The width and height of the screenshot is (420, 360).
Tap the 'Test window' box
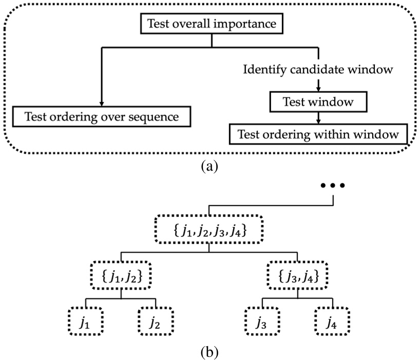[x=319, y=102]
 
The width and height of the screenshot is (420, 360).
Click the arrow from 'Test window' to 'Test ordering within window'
[x=319, y=118]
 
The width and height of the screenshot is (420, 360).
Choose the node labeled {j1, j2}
[x=121, y=277]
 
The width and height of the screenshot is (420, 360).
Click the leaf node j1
[x=85, y=321]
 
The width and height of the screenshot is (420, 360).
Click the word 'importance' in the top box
[x=241, y=24]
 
